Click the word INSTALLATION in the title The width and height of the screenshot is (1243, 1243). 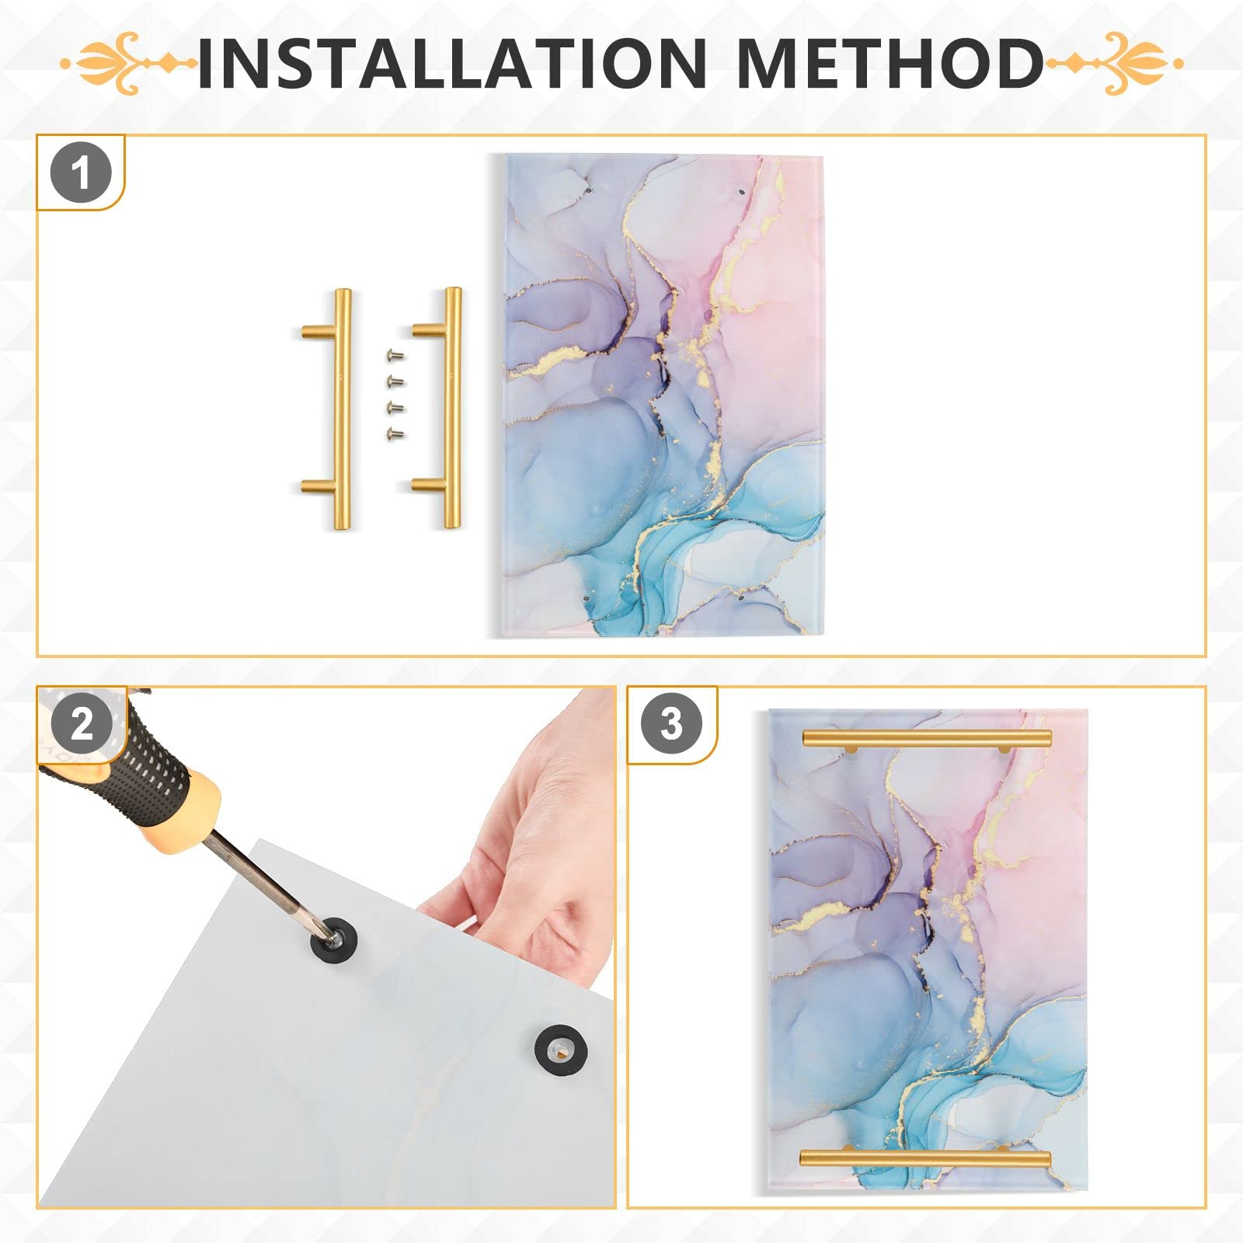pos(451,62)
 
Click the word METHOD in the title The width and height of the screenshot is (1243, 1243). pos(890,62)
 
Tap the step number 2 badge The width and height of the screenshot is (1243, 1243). pos(82,723)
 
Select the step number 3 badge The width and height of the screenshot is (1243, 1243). pos(672,723)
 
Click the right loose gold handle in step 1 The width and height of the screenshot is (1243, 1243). pos(451,408)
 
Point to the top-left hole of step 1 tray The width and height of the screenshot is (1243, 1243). pos(588,189)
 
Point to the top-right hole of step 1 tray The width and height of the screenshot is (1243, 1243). pos(741,190)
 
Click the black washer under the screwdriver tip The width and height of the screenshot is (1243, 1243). pos(332,938)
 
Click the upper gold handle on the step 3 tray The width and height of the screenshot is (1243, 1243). pos(926,738)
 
